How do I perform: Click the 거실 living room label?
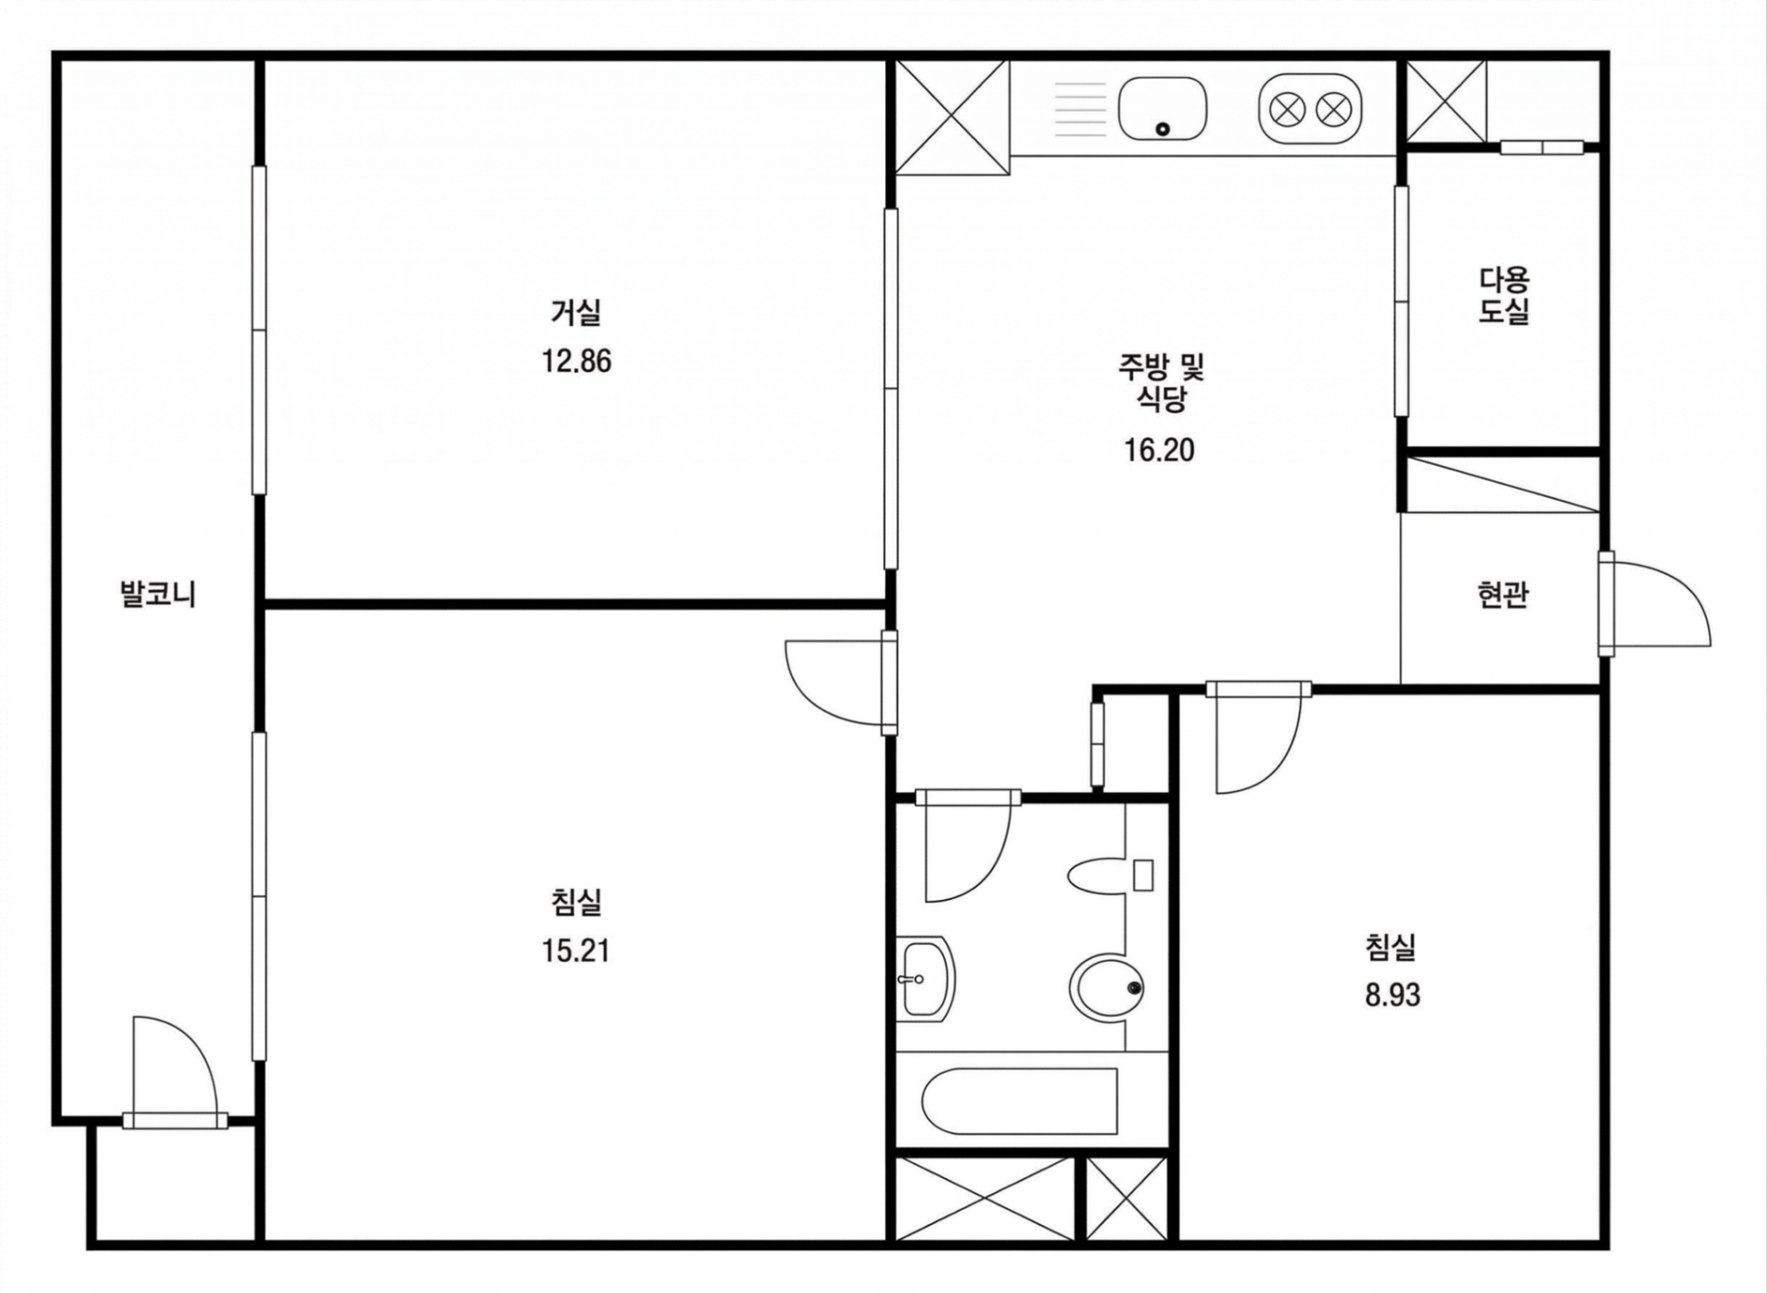point(576,313)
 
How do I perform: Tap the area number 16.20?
point(1160,451)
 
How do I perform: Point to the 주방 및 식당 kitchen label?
point(1161,382)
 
